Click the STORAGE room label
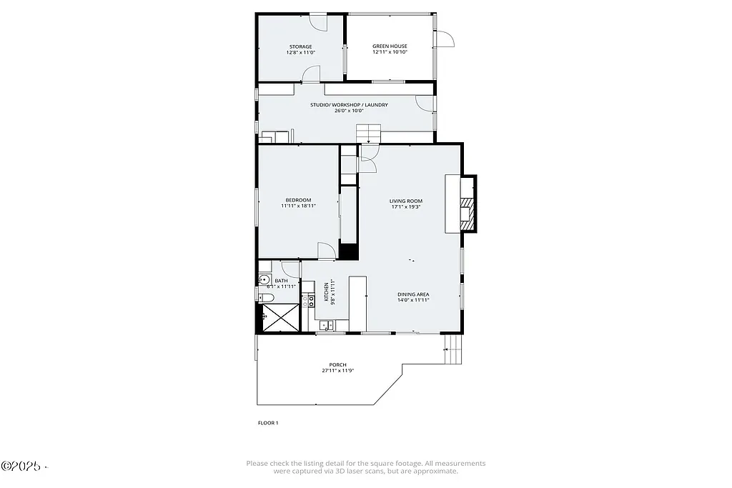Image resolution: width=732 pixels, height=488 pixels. pyautogui.click(x=300, y=46)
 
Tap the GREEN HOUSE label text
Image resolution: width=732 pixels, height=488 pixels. pyautogui.click(x=390, y=46)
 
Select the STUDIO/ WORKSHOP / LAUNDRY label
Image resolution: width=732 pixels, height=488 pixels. pyautogui.click(x=349, y=105)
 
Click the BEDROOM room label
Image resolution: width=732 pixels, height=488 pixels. pyautogui.click(x=298, y=200)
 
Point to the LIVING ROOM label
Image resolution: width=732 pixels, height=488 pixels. pyautogui.click(x=405, y=201)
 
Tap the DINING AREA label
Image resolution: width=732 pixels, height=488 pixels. pyautogui.click(x=413, y=294)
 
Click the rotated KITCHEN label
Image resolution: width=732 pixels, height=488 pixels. pyautogui.click(x=327, y=292)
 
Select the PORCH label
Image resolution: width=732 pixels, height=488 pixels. pyautogui.click(x=338, y=364)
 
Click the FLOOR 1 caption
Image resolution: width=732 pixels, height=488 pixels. pyautogui.click(x=268, y=423)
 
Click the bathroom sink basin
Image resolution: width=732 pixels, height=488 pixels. pyautogui.click(x=263, y=280)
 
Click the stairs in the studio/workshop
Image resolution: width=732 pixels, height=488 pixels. pyautogui.click(x=369, y=133)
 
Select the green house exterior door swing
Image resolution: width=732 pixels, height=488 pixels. pyautogui.click(x=444, y=39)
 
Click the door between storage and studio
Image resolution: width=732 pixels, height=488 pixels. pyautogui.click(x=311, y=74)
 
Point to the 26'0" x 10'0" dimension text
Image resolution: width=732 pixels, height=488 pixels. pyautogui.click(x=349, y=111)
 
